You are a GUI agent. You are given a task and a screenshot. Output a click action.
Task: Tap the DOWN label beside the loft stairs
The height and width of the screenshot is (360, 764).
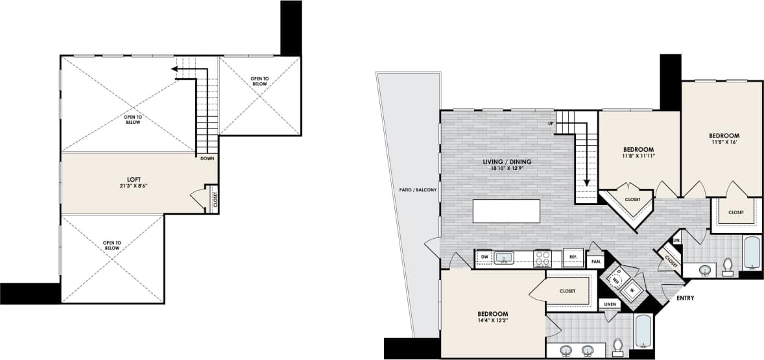pos(208,158)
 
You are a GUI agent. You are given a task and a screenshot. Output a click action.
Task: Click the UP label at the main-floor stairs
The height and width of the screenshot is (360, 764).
pos(551,123)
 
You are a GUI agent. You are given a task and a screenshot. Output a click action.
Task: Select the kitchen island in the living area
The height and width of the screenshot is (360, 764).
pos(507,211)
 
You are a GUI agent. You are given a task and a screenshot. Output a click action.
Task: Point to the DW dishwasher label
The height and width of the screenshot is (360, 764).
pos(484,258)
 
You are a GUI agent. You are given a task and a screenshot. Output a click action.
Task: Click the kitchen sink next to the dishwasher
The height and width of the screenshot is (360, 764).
pos(504,258)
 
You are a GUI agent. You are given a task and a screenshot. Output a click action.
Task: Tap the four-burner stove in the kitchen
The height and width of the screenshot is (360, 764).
pos(542,258)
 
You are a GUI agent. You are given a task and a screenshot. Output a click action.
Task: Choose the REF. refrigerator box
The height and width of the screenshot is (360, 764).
pos(573,257)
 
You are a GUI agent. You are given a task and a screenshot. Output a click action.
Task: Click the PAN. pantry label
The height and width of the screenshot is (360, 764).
pos(595,262)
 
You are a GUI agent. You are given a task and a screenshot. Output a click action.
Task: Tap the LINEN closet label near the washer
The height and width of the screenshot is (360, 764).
pos(609,304)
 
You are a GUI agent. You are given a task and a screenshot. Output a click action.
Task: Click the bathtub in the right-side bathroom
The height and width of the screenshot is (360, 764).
pos(751,254)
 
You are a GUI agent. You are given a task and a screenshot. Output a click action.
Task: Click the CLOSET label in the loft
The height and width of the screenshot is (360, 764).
pos(215,198)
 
